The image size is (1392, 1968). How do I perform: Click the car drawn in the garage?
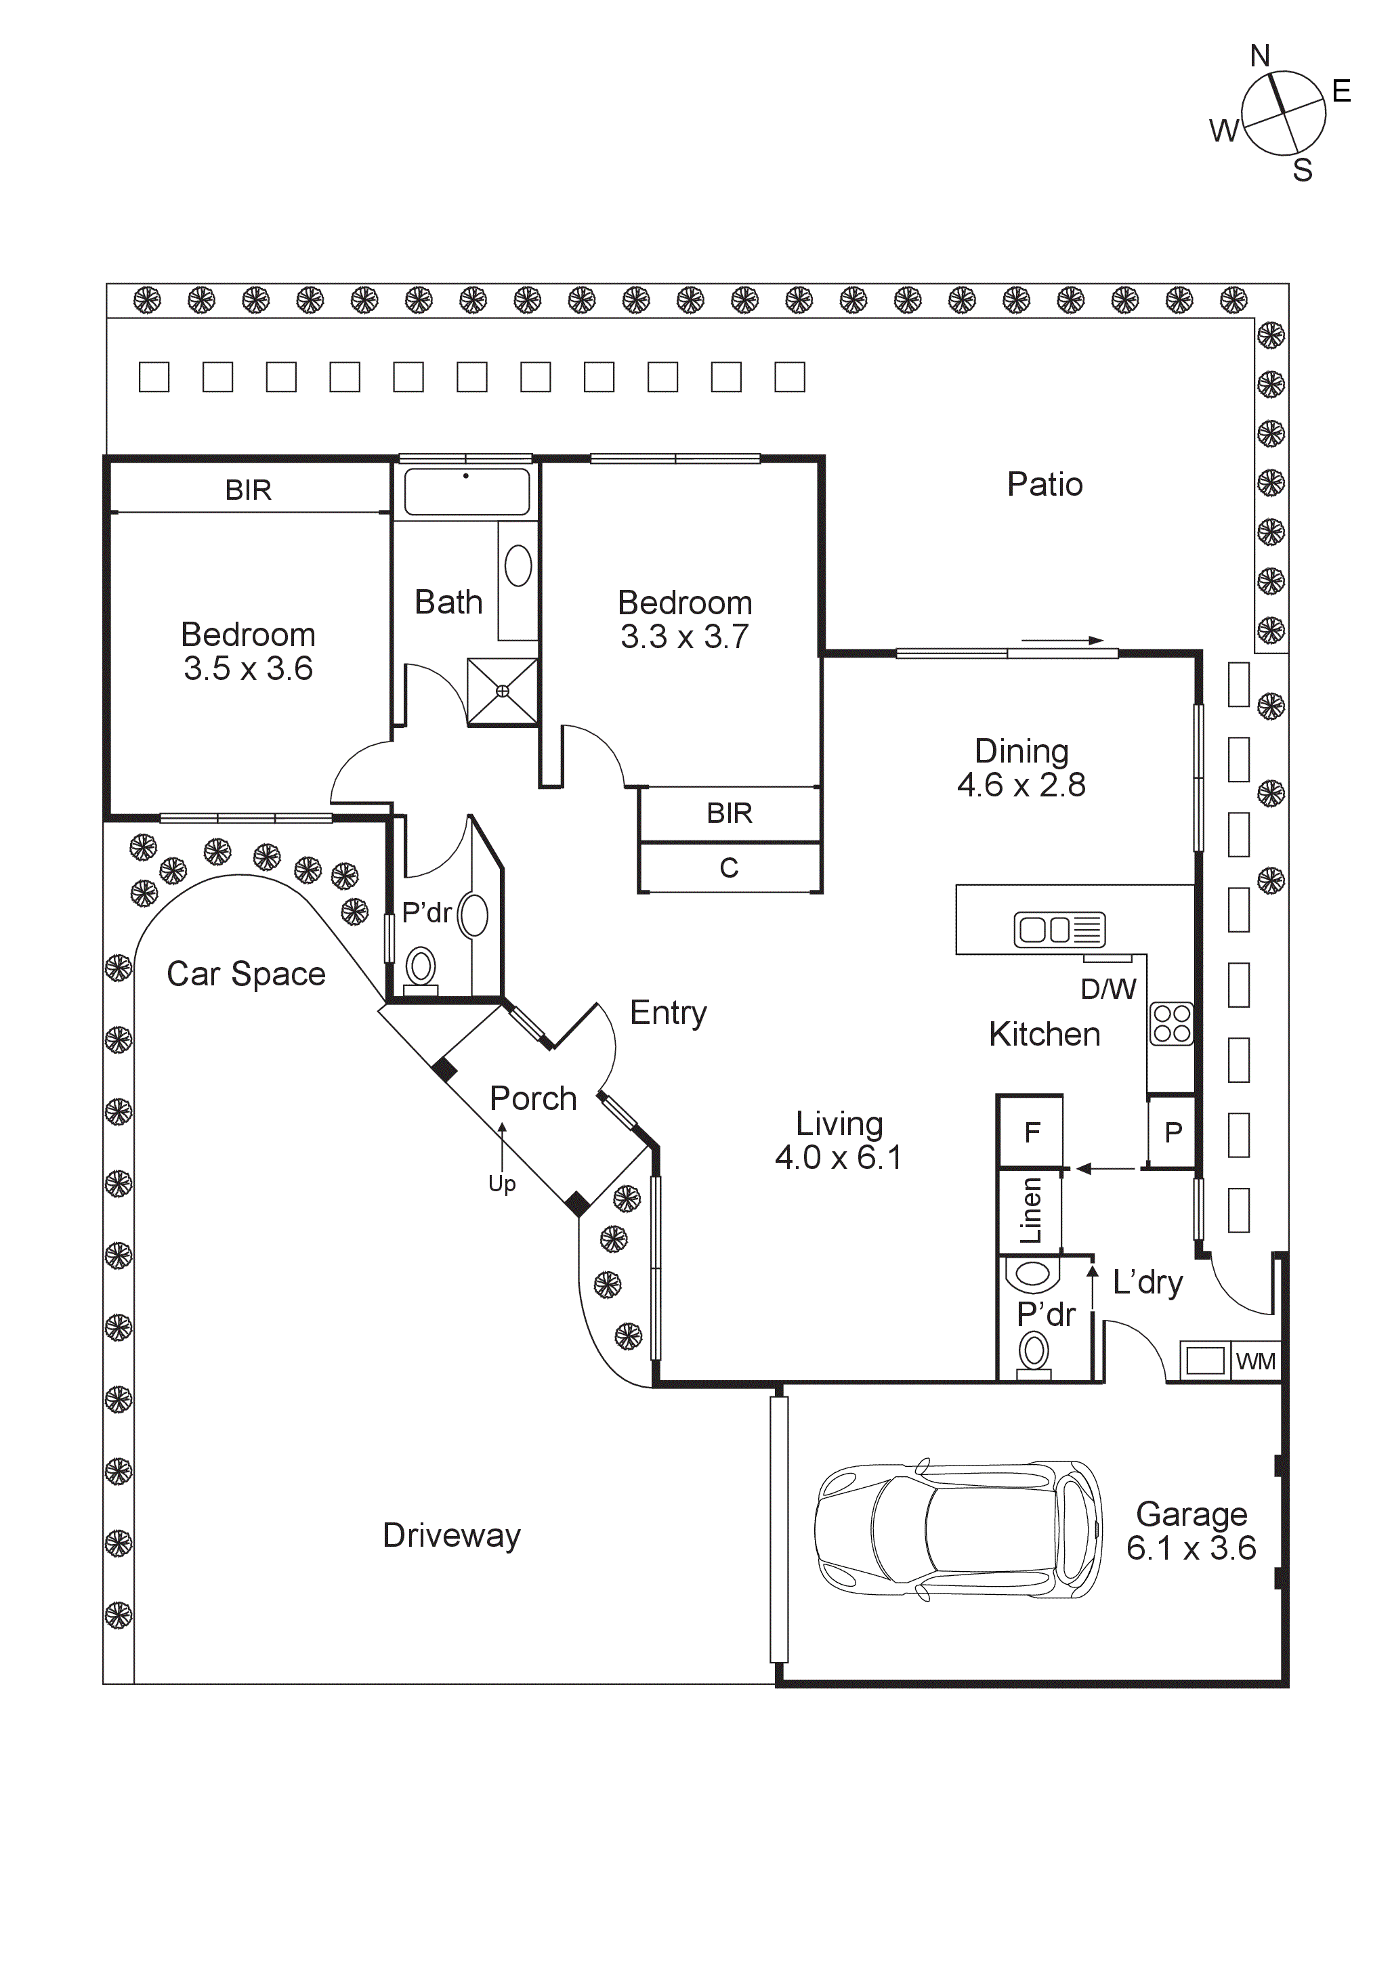[957, 1530]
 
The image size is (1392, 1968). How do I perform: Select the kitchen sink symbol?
[1059, 929]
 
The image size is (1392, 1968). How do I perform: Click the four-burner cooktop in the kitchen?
[1172, 1023]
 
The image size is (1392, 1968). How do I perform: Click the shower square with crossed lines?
[503, 691]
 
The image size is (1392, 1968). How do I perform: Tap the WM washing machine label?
[1256, 1361]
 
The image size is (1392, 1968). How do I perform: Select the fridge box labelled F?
[1031, 1132]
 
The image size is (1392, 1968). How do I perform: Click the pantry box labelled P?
[1173, 1132]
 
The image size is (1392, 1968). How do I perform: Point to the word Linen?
[1030, 1210]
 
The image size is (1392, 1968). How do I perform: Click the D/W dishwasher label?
[1108, 989]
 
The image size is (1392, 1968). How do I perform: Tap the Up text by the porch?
[501, 1184]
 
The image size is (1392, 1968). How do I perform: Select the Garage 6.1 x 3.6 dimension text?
[1191, 1548]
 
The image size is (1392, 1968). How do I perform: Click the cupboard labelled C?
[729, 868]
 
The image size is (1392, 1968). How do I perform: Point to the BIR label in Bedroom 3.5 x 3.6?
[248, 490]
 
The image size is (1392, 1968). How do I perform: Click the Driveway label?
[451, 1535]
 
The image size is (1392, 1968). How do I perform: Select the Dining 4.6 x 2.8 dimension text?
[1021, 784]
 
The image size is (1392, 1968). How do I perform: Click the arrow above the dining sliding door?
[1061, 640]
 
